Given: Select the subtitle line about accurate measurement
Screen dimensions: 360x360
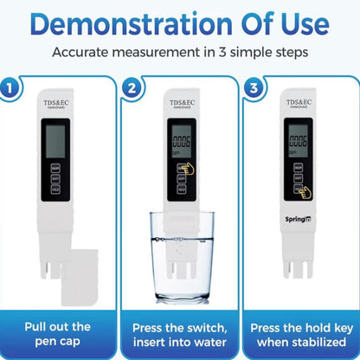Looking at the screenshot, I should click(x=180, y=51).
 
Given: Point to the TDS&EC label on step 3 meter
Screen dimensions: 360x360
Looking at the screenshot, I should click(x=299, y=103).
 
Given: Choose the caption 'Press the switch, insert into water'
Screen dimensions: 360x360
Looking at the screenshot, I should click(x=180, y=335).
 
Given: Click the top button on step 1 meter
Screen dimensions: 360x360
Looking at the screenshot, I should click(x=56, y=166).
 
